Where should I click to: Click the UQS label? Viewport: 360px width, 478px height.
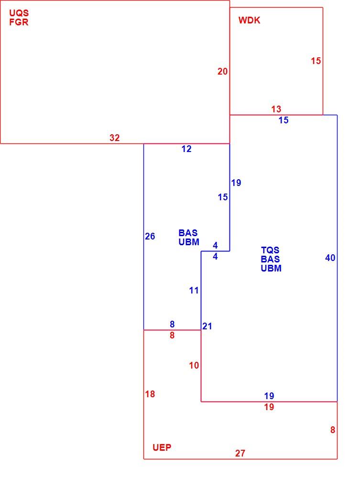(19, 13)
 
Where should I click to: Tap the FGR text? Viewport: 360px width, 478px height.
(19, 22)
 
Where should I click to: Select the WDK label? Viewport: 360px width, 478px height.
(250, 21)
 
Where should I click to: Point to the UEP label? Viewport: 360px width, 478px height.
(162, 447)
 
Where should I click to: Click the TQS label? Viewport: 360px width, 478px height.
(270, 250)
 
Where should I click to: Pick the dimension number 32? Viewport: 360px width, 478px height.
(115, 138)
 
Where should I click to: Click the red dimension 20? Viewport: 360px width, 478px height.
(222, 71)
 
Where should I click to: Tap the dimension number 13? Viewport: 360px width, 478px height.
(276, 109)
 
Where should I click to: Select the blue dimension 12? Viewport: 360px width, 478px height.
(186, 149)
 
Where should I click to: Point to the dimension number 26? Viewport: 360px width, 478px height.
(150, 236)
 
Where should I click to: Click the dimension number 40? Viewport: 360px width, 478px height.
(330, 258)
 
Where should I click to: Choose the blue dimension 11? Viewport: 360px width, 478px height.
(194, 290)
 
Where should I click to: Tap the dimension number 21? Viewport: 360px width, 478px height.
(207, 326)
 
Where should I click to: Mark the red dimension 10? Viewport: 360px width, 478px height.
(194, 365)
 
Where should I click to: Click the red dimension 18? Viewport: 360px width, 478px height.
(150, 394)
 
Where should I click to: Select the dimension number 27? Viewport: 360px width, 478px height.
(240, 453)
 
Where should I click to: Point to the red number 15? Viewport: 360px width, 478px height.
(316, 61)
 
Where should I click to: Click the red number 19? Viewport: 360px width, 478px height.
(269, 407)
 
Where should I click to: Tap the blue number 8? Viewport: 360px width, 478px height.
(172, 324)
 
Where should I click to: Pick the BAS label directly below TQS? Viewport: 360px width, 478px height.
(270, 260)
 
